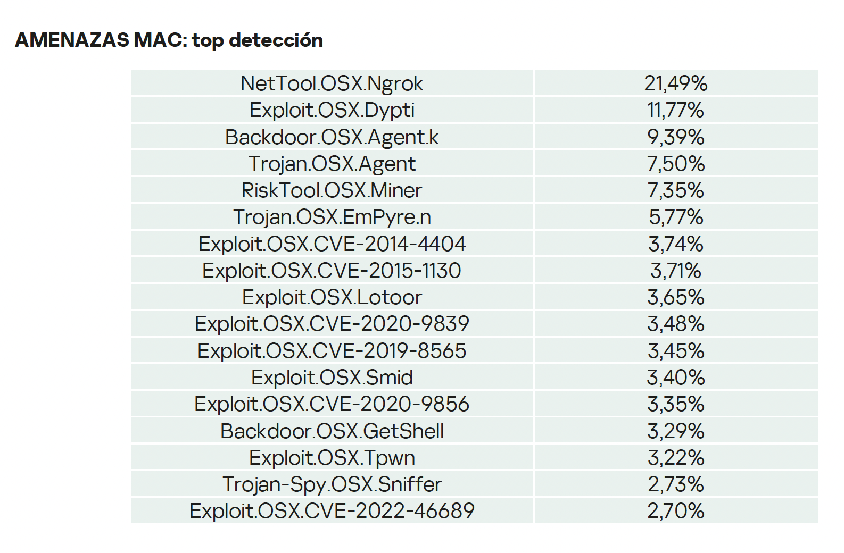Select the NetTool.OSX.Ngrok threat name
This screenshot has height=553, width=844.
click(332, 83)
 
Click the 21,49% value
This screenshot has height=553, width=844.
click(675, 83)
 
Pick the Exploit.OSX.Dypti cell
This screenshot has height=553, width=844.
click(332, 110)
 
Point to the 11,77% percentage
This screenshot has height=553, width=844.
click(675, 110)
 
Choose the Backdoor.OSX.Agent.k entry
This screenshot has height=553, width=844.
click(332, 137)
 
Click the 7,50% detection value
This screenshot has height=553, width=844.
click(675, 164)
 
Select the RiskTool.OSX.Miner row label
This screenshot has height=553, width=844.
click(332, 190)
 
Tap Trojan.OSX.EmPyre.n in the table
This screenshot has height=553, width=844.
click(332, 217)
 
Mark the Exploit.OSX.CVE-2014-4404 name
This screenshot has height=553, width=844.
click(332, 244)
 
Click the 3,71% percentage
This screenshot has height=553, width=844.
click(675, 271)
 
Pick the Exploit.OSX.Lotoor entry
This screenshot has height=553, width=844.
click(332, 297)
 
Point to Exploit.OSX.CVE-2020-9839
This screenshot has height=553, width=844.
click(332, 324)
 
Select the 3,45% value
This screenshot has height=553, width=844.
click(675, 351)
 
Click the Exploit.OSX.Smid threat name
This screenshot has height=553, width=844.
click(332, 378)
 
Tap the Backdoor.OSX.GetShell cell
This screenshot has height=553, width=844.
click(332, 431)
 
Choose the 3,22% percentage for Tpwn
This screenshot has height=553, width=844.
click(675, 458)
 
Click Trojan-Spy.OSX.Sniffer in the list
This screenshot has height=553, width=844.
click(332, 484)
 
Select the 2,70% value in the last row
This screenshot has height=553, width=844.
click(675, 511)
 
